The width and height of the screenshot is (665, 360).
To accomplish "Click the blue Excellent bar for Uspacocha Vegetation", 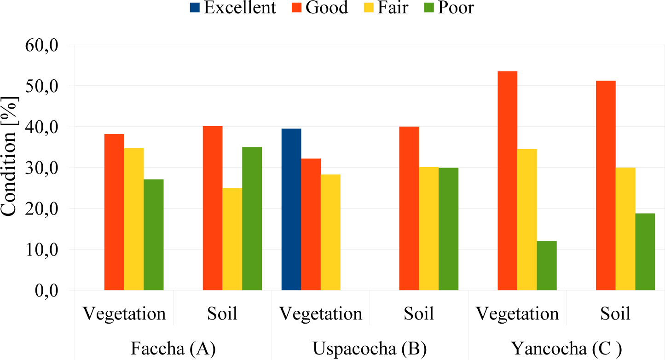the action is coord(291,209).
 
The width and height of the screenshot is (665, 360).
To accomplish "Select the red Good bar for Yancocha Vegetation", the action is coord(507,180).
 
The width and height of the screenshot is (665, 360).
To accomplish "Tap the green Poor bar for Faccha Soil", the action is coord(252,219).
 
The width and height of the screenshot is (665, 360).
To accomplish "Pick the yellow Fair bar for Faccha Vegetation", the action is coord(134,219).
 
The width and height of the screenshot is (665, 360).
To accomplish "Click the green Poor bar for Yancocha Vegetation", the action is coord(547,266).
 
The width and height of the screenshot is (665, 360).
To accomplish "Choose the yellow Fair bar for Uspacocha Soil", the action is coord(429,229).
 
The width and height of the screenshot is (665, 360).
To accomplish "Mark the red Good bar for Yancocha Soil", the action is coord(606,186).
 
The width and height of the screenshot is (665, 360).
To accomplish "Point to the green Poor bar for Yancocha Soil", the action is coord(645,251).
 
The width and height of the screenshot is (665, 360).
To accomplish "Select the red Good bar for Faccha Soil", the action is coord(213,208).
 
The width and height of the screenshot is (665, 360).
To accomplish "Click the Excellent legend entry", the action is coord(233,7).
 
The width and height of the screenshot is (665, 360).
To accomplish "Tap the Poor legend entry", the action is coord(449,7).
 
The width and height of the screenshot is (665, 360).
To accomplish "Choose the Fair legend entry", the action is coord(386,7).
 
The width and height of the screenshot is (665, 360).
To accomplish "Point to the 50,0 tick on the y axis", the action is coord(41,87).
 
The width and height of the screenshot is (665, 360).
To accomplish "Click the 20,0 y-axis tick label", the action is coord(41,209).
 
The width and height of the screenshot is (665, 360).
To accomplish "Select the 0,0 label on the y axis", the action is coord(46,291).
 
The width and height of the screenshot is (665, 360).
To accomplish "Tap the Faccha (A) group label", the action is coord(173,348).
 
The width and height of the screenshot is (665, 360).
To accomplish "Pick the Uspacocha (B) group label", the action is coord(370,348).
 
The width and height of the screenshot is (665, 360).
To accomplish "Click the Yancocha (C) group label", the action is coord(567,348).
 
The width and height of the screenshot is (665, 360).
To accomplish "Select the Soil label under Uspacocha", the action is coord(419,314).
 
